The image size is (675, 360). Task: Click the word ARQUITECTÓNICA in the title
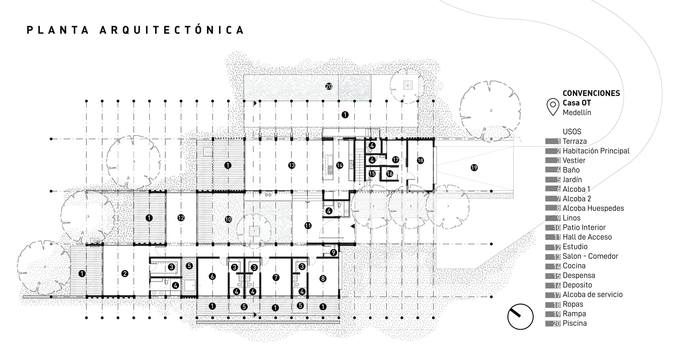[172, 30]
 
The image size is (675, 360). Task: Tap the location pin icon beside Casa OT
[553, 106]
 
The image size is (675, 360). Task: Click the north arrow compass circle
[520, 316]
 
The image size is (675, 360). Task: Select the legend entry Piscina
[574, 323]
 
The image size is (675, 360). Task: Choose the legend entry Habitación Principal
[595, 151]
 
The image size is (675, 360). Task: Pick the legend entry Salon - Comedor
[590, 256]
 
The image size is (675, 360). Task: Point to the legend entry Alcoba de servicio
[592, 295]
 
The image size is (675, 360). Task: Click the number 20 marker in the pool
[329, 86]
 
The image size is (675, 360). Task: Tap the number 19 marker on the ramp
[474, 168]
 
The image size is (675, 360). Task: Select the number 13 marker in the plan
[292, 165]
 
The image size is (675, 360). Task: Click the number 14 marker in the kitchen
[340, 165]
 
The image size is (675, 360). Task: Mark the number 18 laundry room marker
[420, 161]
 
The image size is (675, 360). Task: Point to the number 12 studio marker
[181, 218]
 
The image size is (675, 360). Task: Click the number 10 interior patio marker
[228, 219]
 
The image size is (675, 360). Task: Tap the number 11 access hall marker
[308, 226]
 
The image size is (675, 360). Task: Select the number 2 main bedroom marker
[124, 273]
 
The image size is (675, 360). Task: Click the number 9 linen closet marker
[333, 253]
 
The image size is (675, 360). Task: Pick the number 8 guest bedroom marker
[323, 278]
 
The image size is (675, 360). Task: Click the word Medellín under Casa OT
[577, 112]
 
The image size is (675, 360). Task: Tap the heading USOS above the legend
[572, 132]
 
